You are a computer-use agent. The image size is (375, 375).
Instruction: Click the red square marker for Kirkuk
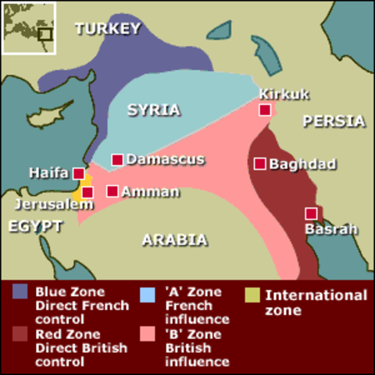coord(266,110)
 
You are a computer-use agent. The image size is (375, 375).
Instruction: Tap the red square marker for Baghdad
coord(260,164)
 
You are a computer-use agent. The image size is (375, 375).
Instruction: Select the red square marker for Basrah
coord(312,213)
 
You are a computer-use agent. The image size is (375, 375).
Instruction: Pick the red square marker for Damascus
coord(117,159)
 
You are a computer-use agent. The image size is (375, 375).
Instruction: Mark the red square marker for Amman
coord(112,191)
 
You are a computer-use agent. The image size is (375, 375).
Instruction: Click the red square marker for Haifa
coord(78,173)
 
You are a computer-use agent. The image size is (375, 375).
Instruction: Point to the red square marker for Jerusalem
coord(87,192)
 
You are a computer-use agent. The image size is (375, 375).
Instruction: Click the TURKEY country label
coord(108,29)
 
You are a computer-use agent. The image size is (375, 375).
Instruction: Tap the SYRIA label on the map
coord(154,110)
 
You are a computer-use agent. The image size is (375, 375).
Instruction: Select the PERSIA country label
coord(334,121)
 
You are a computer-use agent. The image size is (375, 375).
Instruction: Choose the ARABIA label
coord(174,240)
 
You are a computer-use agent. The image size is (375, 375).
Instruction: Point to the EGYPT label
coord(34,226)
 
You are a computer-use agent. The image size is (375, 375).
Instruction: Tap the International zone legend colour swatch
coord(252,295)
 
